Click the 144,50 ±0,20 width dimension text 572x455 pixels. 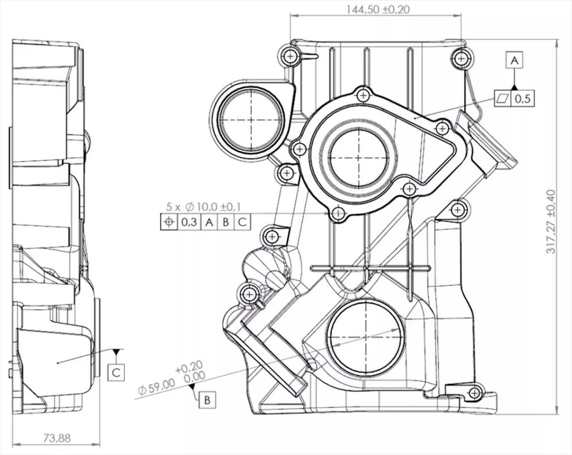(x=378, y=10)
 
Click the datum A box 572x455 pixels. (x=515, y=61)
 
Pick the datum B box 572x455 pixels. (x=207, y=400)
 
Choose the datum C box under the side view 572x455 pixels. (x=116, y=373)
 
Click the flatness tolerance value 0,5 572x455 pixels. (x=523, y=99)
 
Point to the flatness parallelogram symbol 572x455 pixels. (x=502, y=99)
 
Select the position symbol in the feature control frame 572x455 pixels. (x=169, y=222)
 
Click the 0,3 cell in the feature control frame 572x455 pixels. (x=189, y=222)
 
